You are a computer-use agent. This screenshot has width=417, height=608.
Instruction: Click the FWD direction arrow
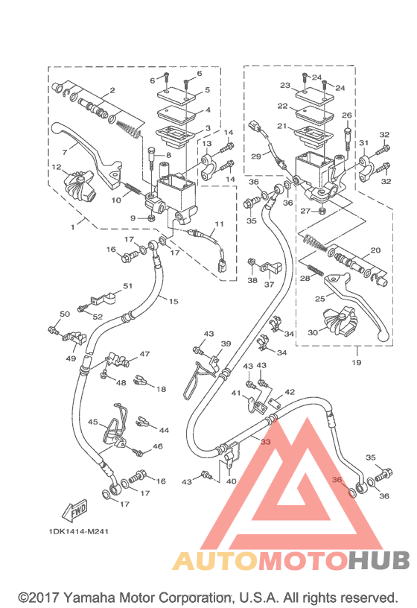[x=74, y=510]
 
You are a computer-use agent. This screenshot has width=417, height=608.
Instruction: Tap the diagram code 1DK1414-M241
[x=78, y=531]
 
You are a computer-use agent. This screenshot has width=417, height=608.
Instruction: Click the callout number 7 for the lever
[x=65, y=151]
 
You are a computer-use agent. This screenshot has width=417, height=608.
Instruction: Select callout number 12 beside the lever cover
[x=57, y=167]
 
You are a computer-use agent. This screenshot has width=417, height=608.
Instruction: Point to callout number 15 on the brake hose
[x=174, y=301]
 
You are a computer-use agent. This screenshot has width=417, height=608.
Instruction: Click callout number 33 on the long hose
[x=266, y=442]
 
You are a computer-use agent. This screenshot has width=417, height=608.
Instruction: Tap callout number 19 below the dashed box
[x=357, y=362]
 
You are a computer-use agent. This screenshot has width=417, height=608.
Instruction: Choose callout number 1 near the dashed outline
[x=72, y=227]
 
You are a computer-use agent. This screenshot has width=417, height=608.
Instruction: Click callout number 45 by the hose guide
[x=93, y=422]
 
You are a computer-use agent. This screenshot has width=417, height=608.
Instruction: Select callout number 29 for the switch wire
[x=256, y=156]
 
